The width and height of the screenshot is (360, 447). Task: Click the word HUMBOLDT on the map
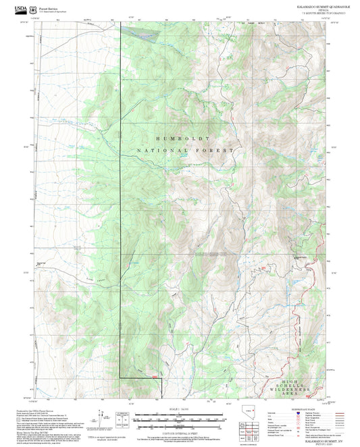[x=180, y=138]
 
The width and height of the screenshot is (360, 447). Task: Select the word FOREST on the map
[x=216, y=150]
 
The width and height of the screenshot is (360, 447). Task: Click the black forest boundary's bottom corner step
[x=161, y=377]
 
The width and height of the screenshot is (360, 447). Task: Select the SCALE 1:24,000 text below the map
[x=179, y=408]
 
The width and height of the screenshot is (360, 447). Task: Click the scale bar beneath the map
[x=179, y=414]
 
